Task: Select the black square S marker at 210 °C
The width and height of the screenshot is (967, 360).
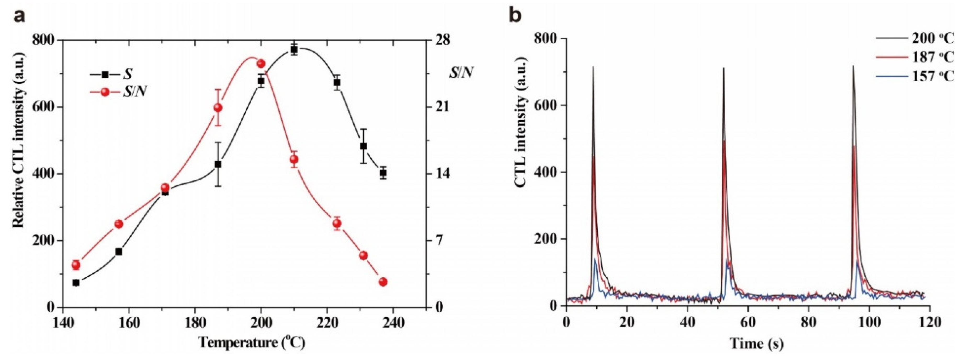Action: click(294, 50)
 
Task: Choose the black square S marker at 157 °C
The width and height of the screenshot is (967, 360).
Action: click(119, 252)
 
